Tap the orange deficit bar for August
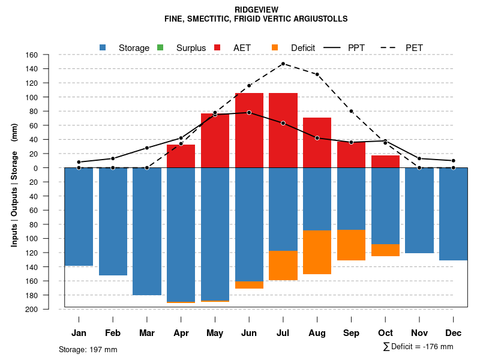click(317, 252)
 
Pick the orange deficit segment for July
click(283, 265)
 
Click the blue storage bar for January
click(79, 217)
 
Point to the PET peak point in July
click(283, 64)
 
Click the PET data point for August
click(317, 74)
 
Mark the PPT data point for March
click(147, 148)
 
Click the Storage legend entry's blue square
click(103, 47)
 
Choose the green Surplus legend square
click(160, 47)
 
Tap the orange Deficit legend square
click(275, 47)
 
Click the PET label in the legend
click(414, 47)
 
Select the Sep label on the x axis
click(352, 333)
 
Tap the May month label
click(215, 333)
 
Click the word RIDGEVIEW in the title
click(256, 10)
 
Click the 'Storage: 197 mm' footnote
click(88, 349)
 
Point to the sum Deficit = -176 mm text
click(418, 347)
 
